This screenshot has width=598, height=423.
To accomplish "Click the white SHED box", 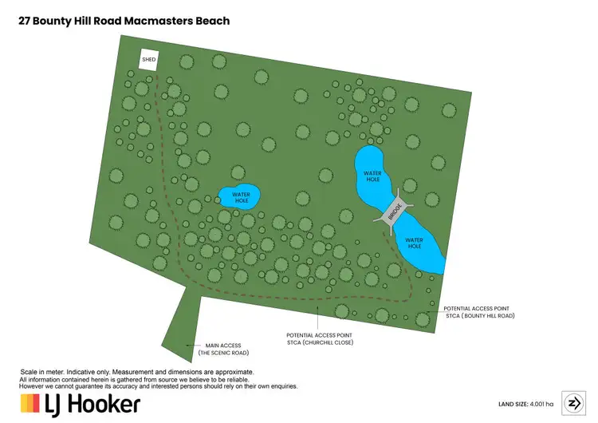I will (148, 61).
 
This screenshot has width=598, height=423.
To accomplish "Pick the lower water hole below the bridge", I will (415, 243).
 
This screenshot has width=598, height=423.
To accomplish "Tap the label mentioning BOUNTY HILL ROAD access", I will (478, 311).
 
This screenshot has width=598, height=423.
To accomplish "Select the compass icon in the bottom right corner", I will (573, 402).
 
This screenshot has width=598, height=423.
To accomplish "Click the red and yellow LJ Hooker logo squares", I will (30, 403).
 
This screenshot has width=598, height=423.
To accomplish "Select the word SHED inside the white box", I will (148, 60).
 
